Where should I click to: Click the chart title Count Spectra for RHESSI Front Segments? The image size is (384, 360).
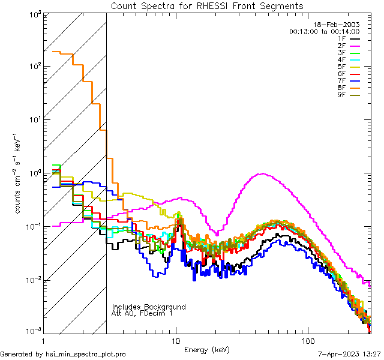207,5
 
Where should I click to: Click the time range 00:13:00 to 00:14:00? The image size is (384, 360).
324,31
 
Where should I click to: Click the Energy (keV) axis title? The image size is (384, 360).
207,349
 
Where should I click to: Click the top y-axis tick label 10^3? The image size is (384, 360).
34,15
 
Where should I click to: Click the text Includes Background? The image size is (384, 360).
149,307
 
